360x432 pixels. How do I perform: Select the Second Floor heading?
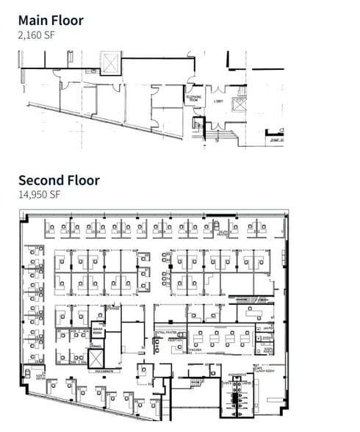pos(58,179)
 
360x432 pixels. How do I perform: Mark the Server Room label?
pos(98,332)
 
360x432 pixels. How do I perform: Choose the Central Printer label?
pos(164,332)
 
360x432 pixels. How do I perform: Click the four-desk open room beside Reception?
pos(220,338)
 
